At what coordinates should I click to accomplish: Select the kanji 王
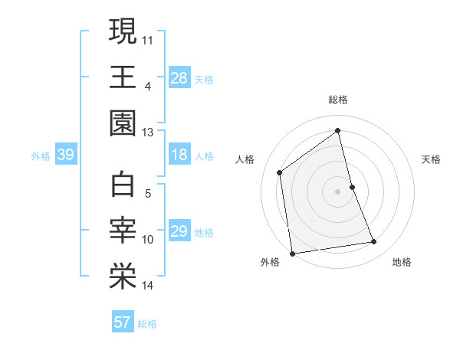click(x=123, y=77)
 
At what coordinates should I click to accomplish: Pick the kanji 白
click(x=123, y=185)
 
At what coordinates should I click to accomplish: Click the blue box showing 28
click(x=179, y=78)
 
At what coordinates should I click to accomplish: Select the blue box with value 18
click(x=179, y=155)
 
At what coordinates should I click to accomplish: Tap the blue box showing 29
click(x=179, y=232)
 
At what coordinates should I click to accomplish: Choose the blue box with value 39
click(x=65, y=155)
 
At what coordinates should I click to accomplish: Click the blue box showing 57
click(x=122, y=322)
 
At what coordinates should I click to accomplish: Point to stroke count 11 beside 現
click(x=148, y=39)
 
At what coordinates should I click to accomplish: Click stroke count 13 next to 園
click(x=148, y=133)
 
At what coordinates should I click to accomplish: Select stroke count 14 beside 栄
click(x=148, y=286)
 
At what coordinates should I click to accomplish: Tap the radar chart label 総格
click(x=338, y=100)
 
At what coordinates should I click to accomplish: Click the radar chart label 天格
click(x=432, y=159)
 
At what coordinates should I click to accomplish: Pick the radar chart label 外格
click(x=270, y=263)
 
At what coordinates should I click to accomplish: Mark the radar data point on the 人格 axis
click(x=280, y=172)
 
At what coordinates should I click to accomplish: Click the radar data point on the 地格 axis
click(x=374, y=242)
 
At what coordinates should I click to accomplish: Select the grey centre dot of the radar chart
click(x=338, y=191)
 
